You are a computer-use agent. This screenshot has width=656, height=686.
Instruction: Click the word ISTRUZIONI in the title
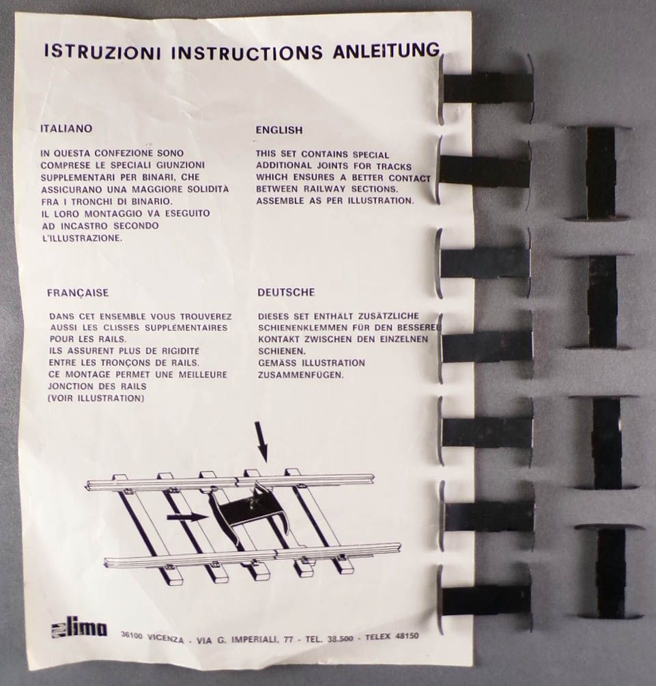[102, 52]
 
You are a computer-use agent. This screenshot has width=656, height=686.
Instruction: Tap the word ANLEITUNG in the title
[386, 51]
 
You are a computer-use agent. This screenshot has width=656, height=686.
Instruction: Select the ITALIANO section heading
[66, 128]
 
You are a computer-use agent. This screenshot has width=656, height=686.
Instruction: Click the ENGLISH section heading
[279, 130]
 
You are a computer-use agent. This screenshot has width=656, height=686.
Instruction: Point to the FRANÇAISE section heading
[78, 293]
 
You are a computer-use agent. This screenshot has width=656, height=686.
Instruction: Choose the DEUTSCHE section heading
[286, 292]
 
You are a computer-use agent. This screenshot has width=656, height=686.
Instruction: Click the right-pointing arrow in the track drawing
[187, 517]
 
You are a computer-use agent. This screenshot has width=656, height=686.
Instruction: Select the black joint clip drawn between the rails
[249, 513]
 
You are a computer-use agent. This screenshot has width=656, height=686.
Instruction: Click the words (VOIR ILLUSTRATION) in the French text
[96, 398]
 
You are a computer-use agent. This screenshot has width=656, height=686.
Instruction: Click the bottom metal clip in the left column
[486, 599]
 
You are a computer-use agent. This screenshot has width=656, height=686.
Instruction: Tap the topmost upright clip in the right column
[599, 173]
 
